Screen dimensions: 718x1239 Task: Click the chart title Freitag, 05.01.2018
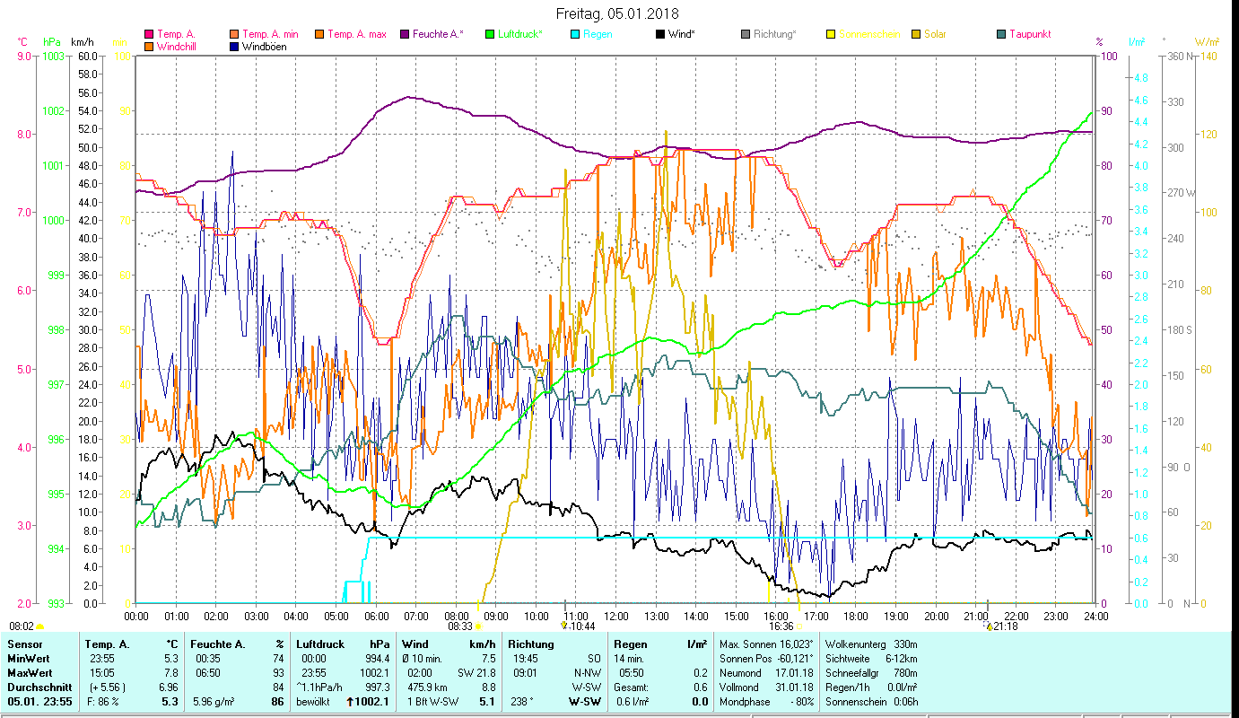pyautogui.click(x=617, y=13)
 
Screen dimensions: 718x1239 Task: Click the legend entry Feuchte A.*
pyautogui.click(x=438, y=34)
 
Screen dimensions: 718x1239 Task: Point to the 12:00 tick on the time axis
pyautogui.click(x=615, y=616)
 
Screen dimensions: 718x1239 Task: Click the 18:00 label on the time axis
pyautogui.click(x=856, y=616)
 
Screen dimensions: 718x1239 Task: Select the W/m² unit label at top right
pyautogui.click(x=1207, y=41)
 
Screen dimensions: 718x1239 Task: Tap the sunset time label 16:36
pyautogui.click(x=781, y=626)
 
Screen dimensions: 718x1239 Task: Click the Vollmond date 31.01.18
pyautogui.click(x=796, y=687)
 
